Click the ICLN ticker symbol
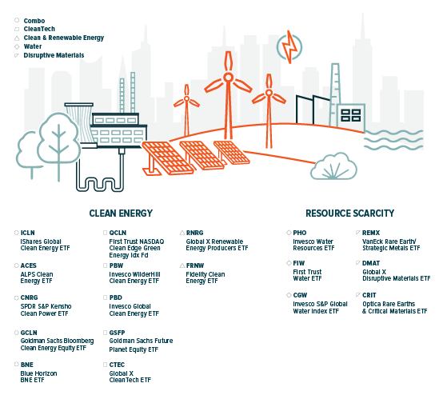click(27, 233)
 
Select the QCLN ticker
click(118, 233)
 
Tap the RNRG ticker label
click(194, 233)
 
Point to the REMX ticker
click(371, 233)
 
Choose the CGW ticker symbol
click(300, 295)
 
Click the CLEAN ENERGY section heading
click(121, 213)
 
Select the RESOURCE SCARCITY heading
click(349, 213)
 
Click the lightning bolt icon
click(289, 47)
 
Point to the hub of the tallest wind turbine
click(228, 77)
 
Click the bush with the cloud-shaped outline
click(333, 166)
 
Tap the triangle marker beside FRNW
click(182, 265)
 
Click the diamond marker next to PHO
click(289, 233)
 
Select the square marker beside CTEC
click(105, 365)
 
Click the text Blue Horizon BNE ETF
click(38, 377)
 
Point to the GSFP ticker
click(117, 333)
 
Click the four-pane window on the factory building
click(350, 115)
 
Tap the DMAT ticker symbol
click(371, 263)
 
